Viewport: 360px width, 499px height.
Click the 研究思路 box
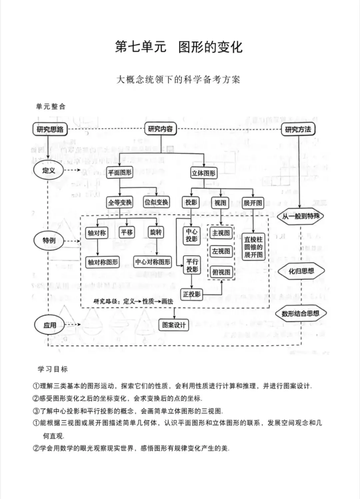[50, 129]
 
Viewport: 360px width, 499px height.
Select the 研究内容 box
[160, 129]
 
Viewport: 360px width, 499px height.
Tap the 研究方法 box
[298, 129]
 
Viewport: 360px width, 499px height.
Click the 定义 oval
[48, 170]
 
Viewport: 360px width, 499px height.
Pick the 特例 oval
[49, 240]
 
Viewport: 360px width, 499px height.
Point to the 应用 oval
[49, 325]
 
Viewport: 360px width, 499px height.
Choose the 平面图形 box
[120, 173]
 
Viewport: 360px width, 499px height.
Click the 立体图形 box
[203, 173]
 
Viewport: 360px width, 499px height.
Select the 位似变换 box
[156, 202]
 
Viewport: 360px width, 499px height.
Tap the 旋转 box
[156, 232]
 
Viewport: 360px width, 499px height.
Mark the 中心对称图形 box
[153, 262]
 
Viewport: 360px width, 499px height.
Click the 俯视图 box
[221, 272]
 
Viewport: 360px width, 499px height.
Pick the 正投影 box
[192, 294]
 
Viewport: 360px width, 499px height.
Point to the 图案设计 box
[174, 325]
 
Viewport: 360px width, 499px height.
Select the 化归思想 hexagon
[301, 271]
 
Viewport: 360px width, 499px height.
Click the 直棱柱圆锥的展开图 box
[253, 247]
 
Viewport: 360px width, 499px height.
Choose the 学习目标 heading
[53, 369]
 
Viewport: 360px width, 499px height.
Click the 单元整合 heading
[51, 106]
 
